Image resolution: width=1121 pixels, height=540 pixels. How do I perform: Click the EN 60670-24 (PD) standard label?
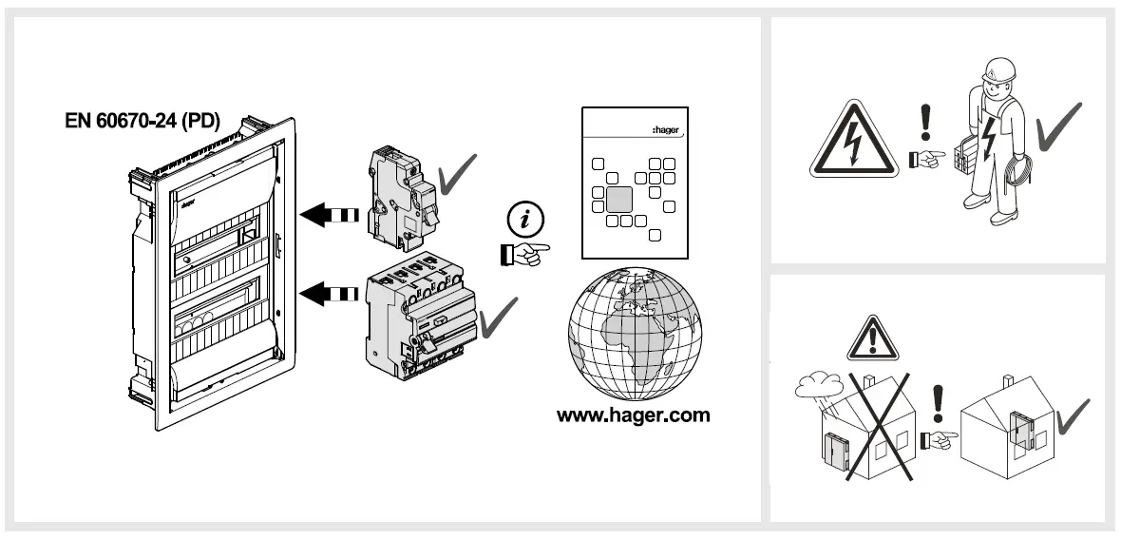142,122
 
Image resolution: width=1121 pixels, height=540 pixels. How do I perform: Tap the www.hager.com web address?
633,415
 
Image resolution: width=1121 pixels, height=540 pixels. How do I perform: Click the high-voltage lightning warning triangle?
854,143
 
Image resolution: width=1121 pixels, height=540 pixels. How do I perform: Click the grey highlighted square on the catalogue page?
619,199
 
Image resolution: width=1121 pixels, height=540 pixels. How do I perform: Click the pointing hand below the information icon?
522,253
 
